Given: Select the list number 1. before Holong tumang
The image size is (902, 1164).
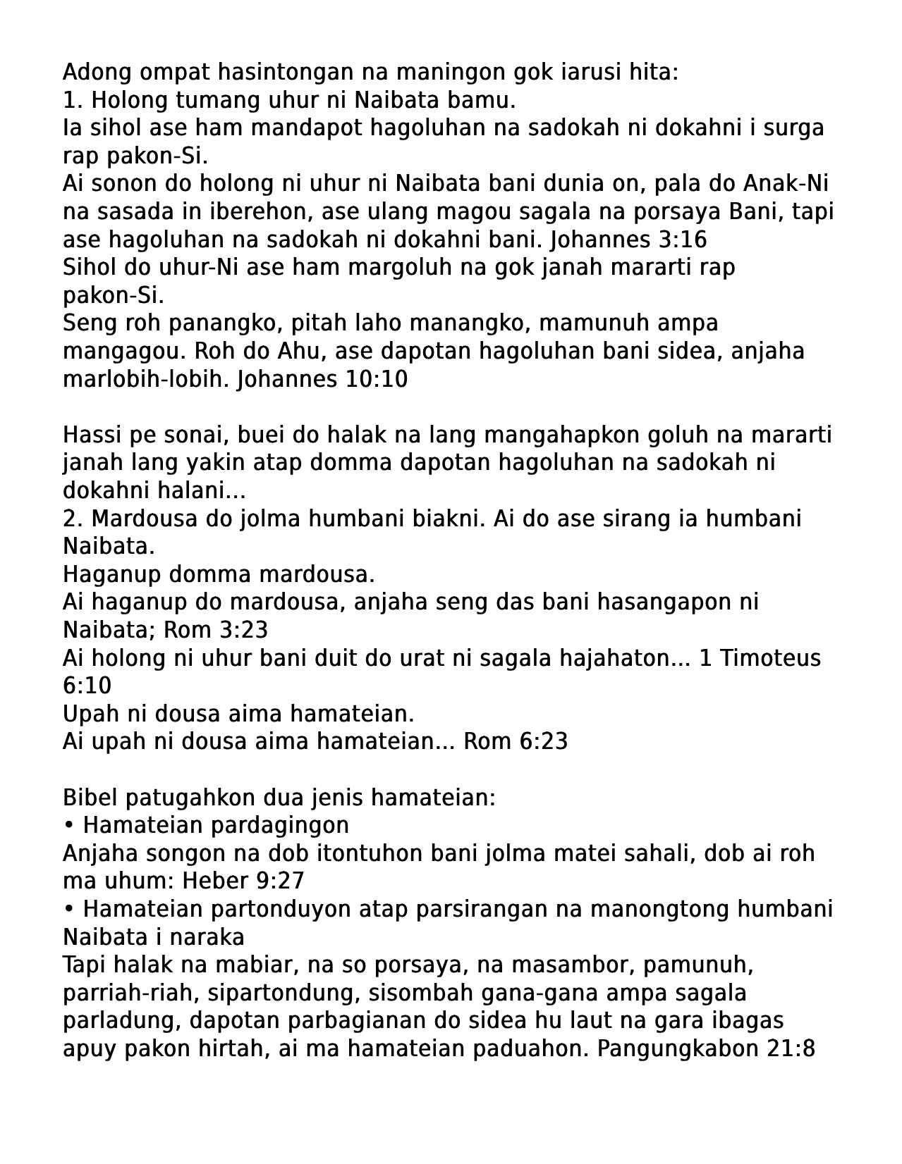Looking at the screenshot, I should pyautogui.click(x=73, y=100).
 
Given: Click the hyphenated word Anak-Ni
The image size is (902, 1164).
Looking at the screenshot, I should pyautogui.click(x=786, y=183).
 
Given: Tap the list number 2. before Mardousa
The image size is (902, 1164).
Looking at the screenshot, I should pyautogui.click(x=73, y=519).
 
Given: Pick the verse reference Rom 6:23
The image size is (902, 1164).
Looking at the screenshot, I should pyautogui.click(x=516, y=741).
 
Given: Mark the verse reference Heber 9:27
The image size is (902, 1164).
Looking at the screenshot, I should pyautogui.click(x=243, y=881).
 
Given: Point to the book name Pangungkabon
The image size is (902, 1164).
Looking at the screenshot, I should pyautogui.click(x=677, y=1048).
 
